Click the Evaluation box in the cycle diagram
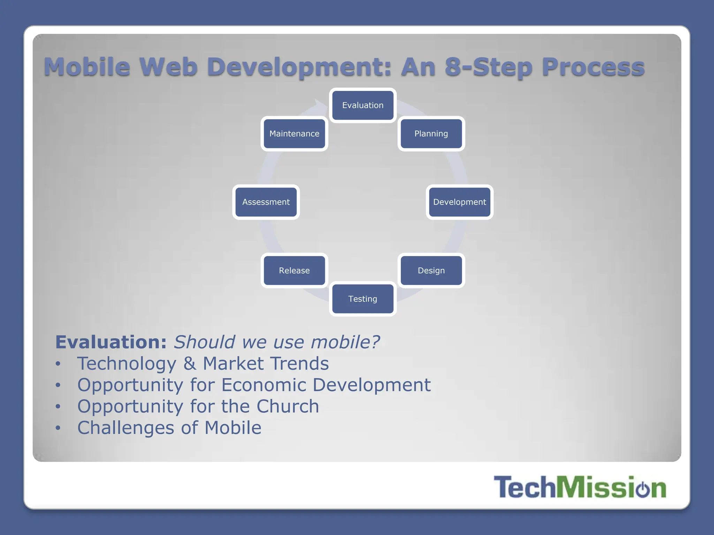(363, 105)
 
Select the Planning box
(431, 134)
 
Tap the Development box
(459, 202)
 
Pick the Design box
(431, 271)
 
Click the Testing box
(363, 299)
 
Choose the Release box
(294, 271)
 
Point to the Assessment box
(266, 202)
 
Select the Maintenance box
(294, 134)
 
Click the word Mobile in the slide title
(87, 67)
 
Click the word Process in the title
(593, 67)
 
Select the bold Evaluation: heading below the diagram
(111, 342)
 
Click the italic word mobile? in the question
(345, 342)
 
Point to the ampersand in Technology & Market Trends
(190, 364)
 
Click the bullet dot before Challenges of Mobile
(58, 428)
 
